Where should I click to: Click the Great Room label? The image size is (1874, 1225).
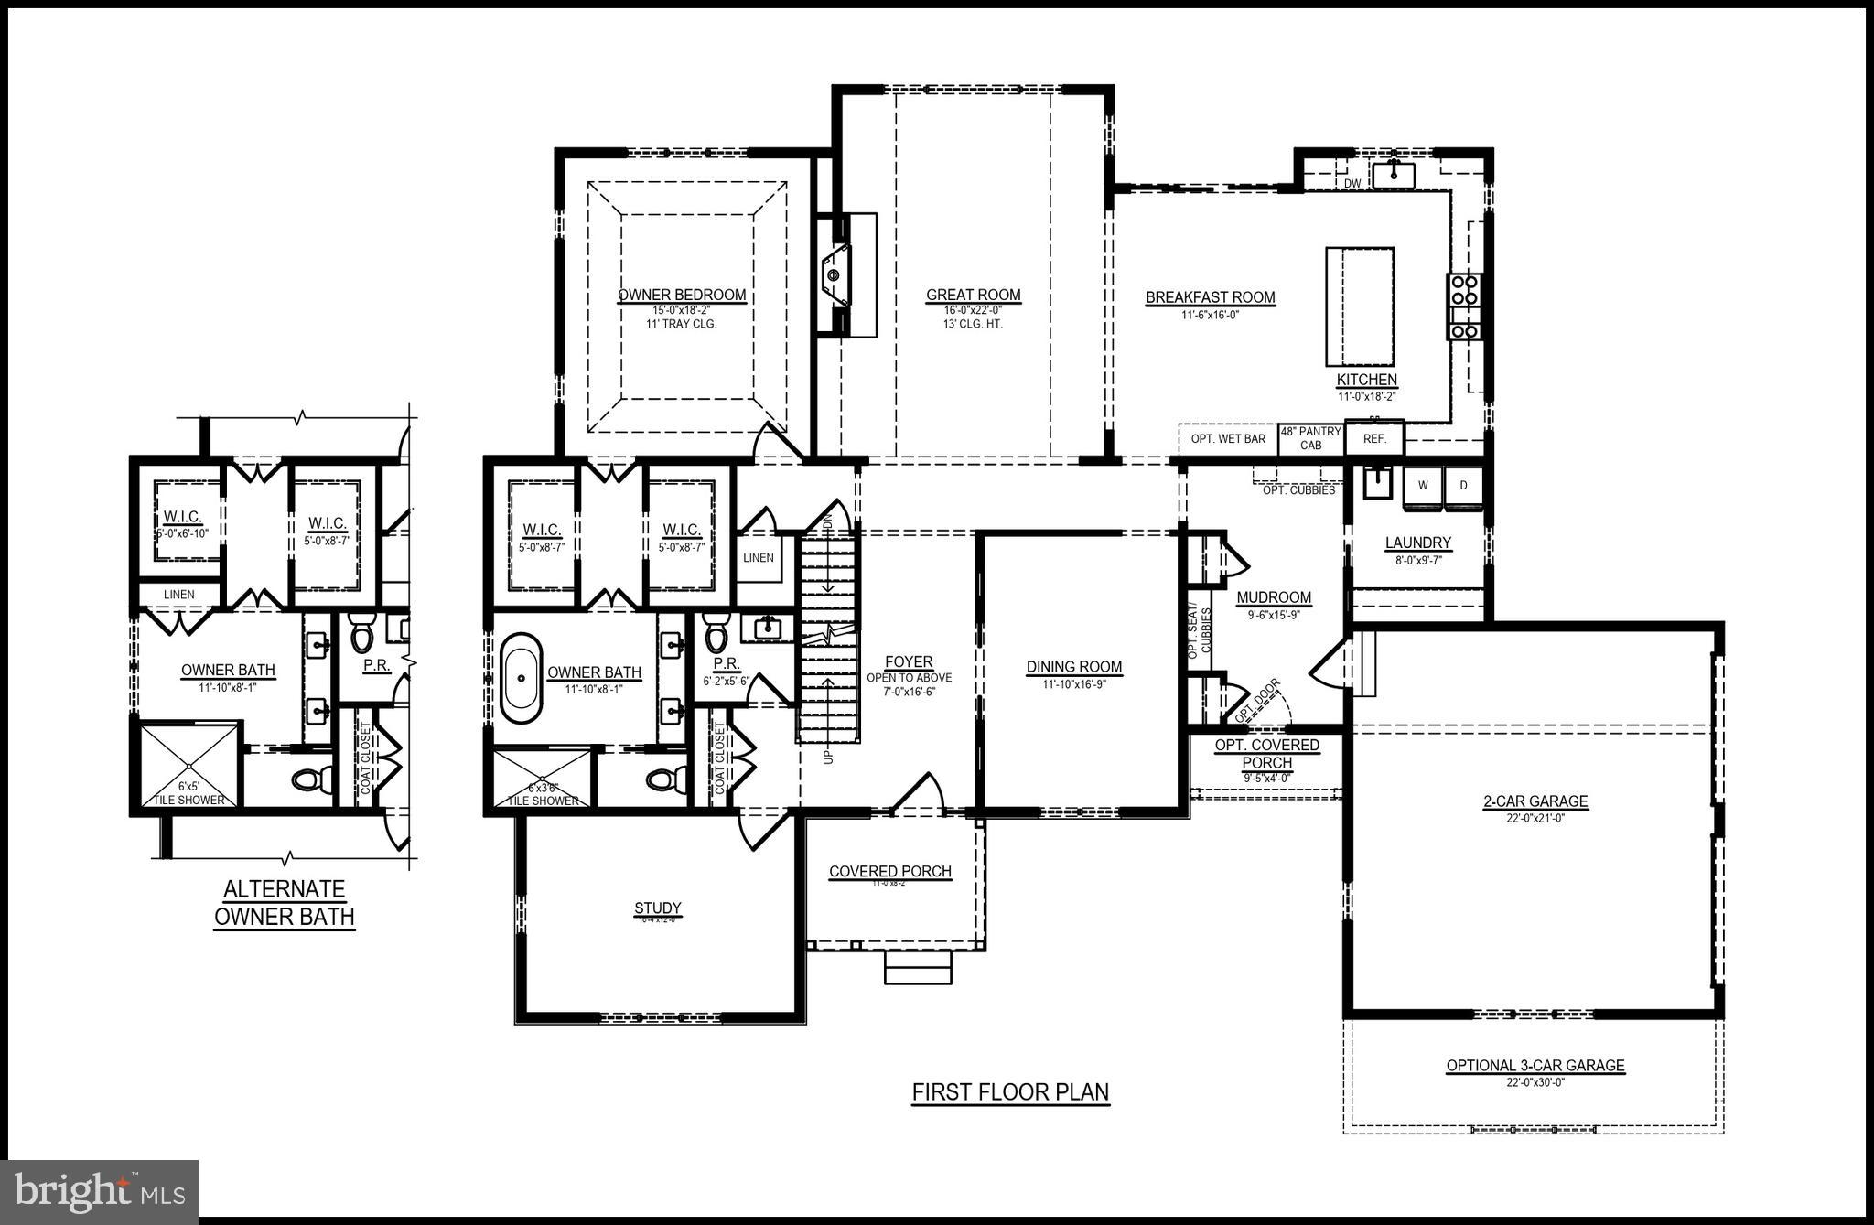(973, 296)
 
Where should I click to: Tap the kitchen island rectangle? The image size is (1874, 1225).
(1360, 306)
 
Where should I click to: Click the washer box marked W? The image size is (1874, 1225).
(1423, 486)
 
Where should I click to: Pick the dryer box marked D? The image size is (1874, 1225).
(1463, 486)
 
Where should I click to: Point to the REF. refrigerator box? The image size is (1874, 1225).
(1374, 439)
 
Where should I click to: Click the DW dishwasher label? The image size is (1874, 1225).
(1352, 184)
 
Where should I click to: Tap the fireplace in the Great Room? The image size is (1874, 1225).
(835, 275)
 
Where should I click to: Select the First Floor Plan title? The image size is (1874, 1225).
(1010, 1092)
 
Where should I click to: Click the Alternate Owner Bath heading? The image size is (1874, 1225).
(284, 903)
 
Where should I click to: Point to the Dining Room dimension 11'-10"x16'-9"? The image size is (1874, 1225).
(1073, 683)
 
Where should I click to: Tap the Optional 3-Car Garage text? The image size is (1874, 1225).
(1535, 1066)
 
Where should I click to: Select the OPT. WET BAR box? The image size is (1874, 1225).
(1228, 439)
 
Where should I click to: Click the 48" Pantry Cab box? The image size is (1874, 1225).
(1310, 438)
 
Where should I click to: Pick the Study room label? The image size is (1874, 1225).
(657, 908)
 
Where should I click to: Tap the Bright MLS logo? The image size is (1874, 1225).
(100, 1191)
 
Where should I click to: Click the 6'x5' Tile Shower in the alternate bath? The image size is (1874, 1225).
(188, 765)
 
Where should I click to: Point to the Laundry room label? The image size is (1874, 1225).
(1417, 543)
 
